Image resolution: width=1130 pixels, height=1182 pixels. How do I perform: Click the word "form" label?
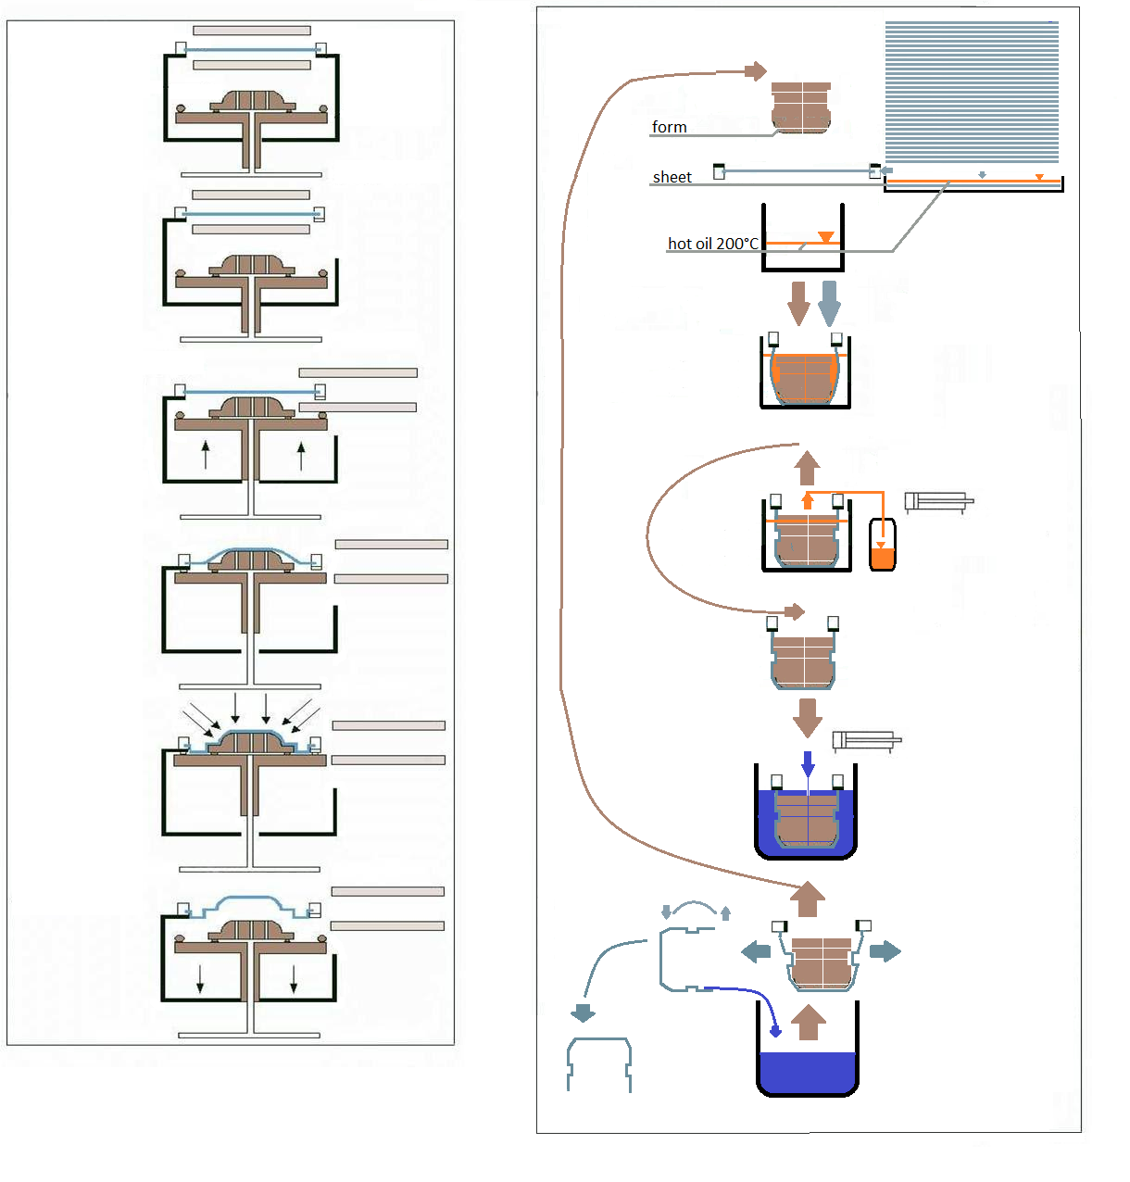click(669, 127)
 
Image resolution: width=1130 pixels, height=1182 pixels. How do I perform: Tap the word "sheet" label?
click(672, 177)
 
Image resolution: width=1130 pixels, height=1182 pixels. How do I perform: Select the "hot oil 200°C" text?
click(712, 244)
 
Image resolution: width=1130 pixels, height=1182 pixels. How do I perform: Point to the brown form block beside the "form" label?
click(801, 107)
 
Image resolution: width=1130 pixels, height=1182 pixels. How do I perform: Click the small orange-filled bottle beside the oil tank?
click(883, 546)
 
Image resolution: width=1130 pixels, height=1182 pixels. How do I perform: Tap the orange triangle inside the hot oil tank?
click(825, 237)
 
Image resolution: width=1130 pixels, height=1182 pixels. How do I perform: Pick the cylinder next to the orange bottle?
click(938, 502)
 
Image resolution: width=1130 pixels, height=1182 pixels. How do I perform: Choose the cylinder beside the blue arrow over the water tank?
click(866, 740)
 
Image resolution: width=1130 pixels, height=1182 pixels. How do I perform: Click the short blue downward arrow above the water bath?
click(808, 763)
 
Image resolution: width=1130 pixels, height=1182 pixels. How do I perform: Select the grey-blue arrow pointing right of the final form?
click(885, 951)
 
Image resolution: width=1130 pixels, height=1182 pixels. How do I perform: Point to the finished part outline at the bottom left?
click(599, 1063)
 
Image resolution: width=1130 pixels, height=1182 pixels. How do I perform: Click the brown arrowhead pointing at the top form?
click(757, 70)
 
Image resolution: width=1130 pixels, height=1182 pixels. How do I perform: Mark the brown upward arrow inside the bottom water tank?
click(809, 1022)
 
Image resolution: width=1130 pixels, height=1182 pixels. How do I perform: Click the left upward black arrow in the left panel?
click(206, 454)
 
